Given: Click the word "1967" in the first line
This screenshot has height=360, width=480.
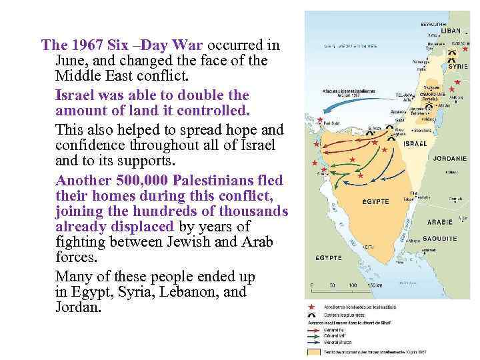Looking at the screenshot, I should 84,45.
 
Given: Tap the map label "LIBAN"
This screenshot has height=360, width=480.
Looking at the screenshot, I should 451,31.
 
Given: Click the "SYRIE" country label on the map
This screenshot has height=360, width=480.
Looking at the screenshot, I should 458,67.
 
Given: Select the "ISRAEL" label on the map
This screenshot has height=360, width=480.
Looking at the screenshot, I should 415,143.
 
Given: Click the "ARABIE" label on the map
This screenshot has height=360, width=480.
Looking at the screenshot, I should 439,222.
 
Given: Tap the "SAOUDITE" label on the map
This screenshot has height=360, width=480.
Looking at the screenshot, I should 440,238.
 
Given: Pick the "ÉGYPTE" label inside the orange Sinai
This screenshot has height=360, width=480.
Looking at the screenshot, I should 375,201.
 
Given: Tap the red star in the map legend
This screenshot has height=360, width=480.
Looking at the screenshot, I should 311,307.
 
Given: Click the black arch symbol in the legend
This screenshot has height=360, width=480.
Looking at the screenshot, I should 311,315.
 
